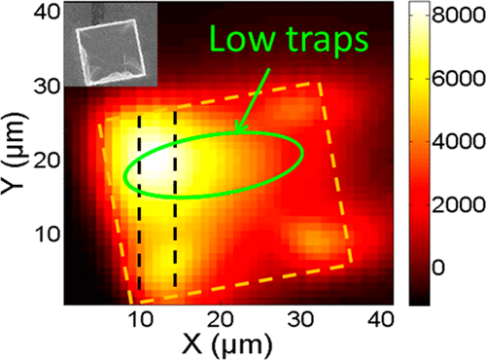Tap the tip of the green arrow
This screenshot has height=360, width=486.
tap(234, 133)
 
